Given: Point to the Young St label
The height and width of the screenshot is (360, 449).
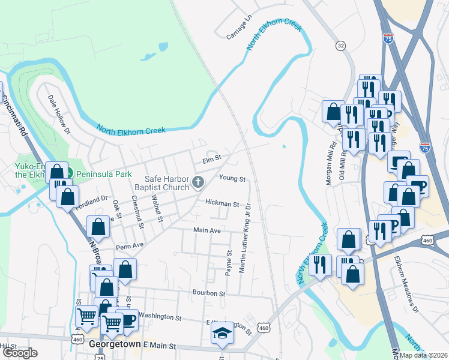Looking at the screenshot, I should click(x=232, y=178).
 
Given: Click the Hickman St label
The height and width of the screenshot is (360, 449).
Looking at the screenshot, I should click(x=222, y=204).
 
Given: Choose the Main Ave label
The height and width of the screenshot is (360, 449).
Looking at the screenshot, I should click(x=207, y=230).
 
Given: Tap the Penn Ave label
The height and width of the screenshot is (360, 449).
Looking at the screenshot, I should click(x=130, y=246).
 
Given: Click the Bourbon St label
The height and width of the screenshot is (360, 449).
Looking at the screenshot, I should click(x=208, y=293).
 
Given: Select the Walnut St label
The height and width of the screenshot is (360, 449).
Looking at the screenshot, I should click(x=157, y=208).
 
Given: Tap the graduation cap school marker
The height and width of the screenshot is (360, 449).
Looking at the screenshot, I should click(x=222, y=334).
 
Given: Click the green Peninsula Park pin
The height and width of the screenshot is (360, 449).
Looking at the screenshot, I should click(x=69, y=173).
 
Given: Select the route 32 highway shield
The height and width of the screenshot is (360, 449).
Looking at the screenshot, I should click(x=341, y=45).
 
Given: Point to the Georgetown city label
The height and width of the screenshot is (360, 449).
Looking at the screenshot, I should click(x=113, y=346).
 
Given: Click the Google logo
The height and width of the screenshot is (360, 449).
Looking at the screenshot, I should click(x=20, y=353).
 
